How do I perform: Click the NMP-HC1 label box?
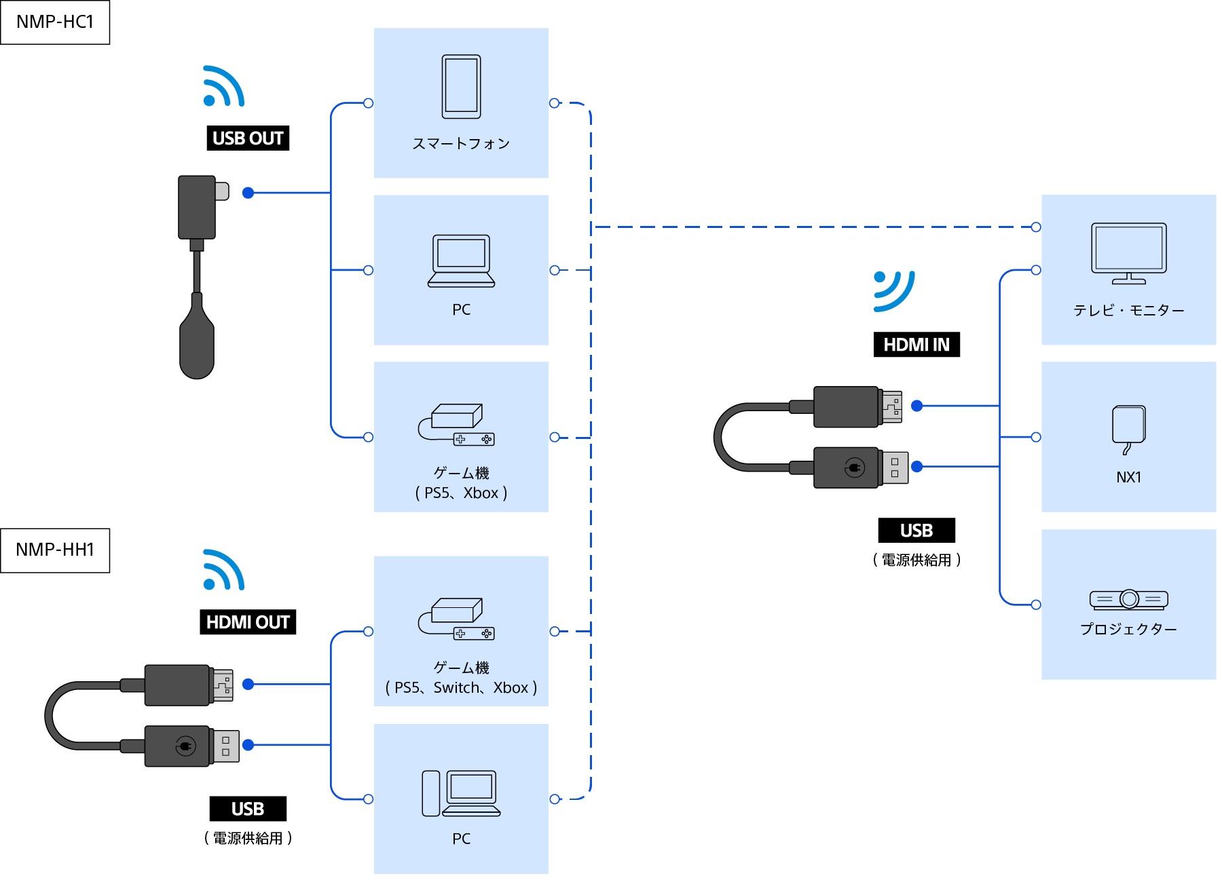(x=54, y=22)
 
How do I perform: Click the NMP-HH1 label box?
(x=54, y=550)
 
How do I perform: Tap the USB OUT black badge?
(x=248, y=138)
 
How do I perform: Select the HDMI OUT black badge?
(x=248, y=622)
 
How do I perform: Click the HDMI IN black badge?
(x=916, y=345)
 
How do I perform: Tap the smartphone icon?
(x=461, y=87)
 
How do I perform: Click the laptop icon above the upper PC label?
(x=461, y=261)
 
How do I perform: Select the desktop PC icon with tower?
(x=461, y=793)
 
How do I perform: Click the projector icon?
(x=1128, y=599)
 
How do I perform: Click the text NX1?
(x=1128, y=478)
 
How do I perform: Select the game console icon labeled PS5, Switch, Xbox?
(x=456, y=618)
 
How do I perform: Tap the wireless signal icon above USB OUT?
(x=223, y=87)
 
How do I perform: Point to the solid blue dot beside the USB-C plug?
(x=248, y=193)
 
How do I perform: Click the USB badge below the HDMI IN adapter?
(x=916, y=531)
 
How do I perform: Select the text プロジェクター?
(x=1128, y=630)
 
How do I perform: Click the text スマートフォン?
(x=461, y=144)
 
